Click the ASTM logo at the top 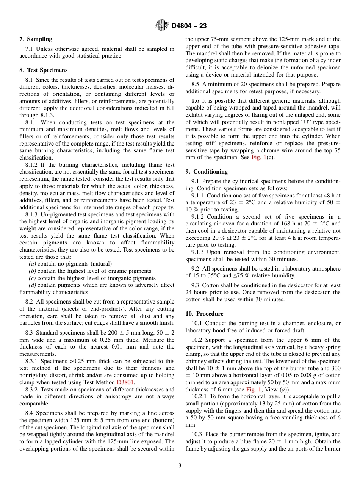[x=162, y=25]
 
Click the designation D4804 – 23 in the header [x=189, y=26]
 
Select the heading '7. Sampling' [x=36, y=39]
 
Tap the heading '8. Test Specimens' [x=43, y=70]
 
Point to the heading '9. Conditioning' [x=207, y=172]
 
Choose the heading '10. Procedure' [x=204, y=314]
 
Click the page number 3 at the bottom [x=180, y=466]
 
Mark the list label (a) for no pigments [x=33, y=264]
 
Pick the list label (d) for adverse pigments [x=33, y=285]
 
